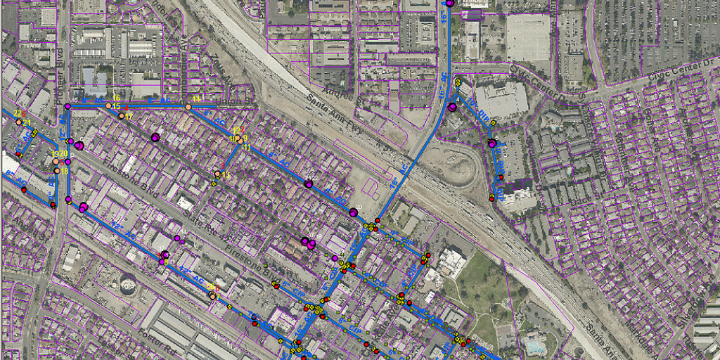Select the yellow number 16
click(x=116, y=97)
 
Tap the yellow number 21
click(x=27, y=124)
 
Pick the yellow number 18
click(x=64, y=171)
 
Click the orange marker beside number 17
click(x=121, y=116)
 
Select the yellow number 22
click(x=17, y=114)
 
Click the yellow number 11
click(x=247, y=148)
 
